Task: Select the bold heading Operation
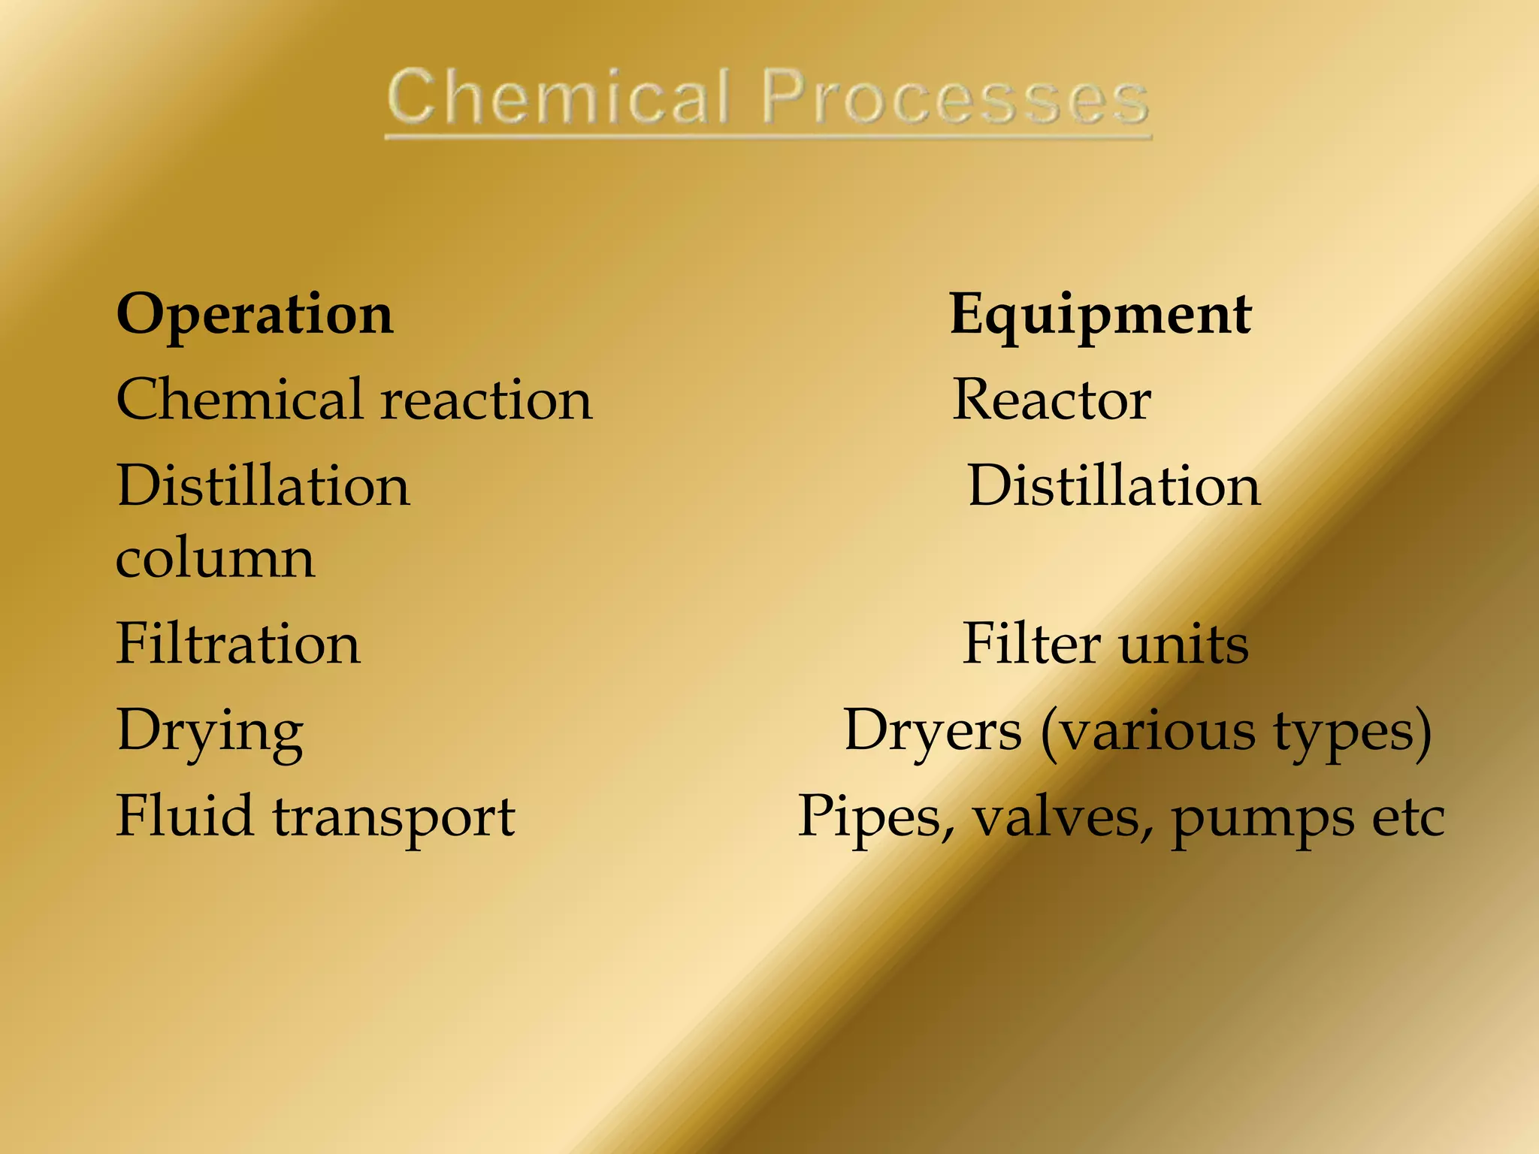click(255, 314)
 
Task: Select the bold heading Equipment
click(1100, 314)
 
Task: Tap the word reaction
click(487, 400)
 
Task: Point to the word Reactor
click(1051, 400)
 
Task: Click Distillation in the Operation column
click(264, 485)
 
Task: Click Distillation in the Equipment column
click(1114, 485)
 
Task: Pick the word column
click(216, 560)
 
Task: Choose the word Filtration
click(238, 644)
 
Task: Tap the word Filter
click(1032, 644)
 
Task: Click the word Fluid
click(184, 816)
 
